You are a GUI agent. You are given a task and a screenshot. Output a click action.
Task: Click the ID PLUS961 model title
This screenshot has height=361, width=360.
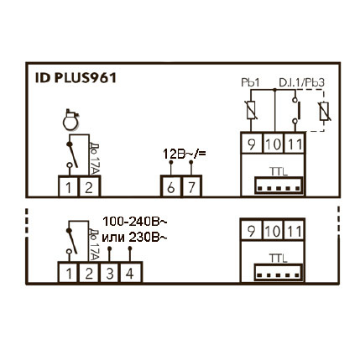(76, 78)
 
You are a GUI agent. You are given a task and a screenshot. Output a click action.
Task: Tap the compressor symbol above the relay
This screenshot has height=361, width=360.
(70, 120)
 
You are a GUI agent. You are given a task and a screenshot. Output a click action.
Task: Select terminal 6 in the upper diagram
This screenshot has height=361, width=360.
(170, 187)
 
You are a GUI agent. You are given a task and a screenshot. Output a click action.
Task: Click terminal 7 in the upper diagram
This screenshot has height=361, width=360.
(191, 187)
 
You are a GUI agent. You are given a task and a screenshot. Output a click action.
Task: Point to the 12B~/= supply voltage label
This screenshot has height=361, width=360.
(185, 154)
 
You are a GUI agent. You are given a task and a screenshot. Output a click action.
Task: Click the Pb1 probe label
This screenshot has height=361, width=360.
(250, 83)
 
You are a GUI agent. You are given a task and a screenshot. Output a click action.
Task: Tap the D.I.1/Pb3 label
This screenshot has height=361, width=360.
(301, 83)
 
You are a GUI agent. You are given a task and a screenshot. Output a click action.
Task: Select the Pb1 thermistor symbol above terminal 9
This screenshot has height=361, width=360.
(251, 110)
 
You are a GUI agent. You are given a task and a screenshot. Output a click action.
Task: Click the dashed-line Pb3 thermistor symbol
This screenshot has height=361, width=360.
(325, 112)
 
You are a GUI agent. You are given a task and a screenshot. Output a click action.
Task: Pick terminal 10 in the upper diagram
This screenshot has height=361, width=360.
(274, 144)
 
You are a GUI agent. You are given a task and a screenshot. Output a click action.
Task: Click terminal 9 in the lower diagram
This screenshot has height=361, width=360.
(251, 231)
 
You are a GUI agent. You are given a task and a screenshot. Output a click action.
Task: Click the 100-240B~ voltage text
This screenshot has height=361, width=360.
(135, 222)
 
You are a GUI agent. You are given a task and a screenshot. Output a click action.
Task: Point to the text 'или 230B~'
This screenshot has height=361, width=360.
(135, 238)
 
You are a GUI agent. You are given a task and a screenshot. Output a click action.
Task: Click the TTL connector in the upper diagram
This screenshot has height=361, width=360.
(279, 186)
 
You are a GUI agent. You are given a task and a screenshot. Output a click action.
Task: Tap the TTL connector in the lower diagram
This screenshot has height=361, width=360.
(278, 272)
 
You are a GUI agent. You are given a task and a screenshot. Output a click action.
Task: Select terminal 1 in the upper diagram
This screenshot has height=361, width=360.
(68, 187)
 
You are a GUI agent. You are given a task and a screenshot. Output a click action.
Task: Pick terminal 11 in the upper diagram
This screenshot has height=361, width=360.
(295, 144)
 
